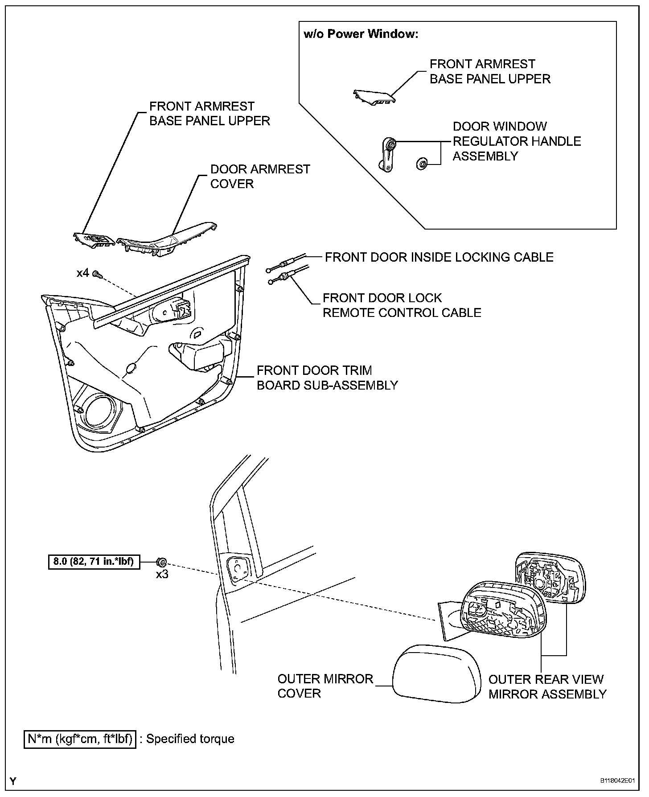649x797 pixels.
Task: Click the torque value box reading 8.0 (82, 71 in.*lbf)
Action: [94, 561]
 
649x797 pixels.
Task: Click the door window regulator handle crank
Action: [386, 154]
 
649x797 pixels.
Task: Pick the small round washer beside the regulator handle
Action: [421, 163]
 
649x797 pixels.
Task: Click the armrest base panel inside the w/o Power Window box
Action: [373, 97]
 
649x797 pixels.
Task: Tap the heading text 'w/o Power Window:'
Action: [361, 34]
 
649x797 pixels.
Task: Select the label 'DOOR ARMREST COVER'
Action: [260, 177]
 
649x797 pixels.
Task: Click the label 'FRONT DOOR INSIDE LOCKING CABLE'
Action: [439, 257]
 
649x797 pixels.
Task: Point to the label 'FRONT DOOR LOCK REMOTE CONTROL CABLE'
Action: [402, 305]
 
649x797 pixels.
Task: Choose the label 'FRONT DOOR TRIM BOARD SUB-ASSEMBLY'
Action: [327, 378]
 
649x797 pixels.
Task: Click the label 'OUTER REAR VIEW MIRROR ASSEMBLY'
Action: [547, 686]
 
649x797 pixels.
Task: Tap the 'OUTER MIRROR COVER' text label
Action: [325, 686]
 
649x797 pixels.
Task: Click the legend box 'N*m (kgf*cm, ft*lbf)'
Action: [80, 739]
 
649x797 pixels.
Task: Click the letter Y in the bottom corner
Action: [13, 781]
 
